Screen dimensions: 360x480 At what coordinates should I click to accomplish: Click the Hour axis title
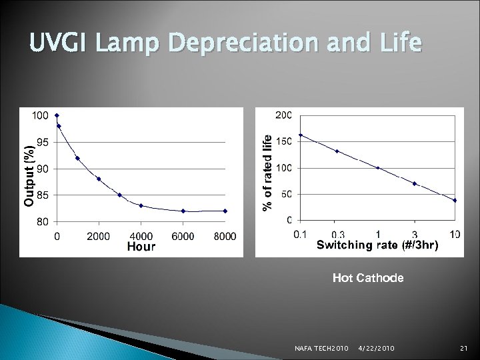141,247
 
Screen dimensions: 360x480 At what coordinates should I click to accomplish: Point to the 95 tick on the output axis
41,142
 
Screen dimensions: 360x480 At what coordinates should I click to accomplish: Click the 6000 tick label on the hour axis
183,236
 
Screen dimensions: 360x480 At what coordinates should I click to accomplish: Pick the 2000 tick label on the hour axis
99,236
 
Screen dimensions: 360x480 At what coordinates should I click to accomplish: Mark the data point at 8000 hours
225,211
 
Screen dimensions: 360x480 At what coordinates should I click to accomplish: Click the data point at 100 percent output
57,115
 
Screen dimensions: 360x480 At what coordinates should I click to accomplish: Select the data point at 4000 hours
141,205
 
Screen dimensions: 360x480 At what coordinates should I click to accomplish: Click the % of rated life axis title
267,172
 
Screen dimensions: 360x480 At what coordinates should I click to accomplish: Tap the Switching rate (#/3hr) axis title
377,245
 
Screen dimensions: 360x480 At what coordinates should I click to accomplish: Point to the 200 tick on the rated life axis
284,115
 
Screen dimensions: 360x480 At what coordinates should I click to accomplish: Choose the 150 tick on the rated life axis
284,141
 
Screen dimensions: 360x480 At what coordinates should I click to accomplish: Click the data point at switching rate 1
378,168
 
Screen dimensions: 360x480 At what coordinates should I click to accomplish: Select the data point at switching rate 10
455,200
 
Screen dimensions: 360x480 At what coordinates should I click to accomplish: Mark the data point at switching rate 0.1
301,135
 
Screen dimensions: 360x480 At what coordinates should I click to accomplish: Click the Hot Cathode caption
368,278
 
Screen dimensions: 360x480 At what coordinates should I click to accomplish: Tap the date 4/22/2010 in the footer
376,349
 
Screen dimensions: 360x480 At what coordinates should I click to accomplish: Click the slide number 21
465,349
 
